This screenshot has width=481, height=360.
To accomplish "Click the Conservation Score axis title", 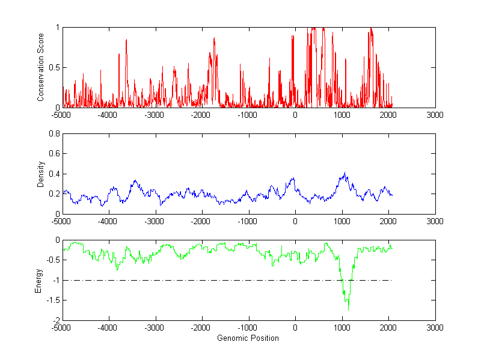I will [40, 67].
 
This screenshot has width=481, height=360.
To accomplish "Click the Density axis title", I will [40, 174].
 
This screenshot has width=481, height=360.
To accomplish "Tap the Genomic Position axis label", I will [248, 338].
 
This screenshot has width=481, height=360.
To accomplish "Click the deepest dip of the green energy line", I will [348, 309].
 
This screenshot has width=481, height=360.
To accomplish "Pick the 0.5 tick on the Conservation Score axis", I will [54, 67].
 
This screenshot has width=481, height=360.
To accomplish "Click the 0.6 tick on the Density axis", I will [54, 154].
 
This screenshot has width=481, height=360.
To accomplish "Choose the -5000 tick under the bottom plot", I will [63, 328].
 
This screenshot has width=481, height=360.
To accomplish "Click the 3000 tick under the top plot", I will [435, 115].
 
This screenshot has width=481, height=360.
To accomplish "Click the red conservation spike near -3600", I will [126, 40].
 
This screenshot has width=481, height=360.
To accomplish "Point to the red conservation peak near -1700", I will [214, 38].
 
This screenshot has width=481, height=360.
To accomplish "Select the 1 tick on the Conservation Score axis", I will [57, 28].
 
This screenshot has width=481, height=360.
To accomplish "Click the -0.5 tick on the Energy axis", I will [52, 260].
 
